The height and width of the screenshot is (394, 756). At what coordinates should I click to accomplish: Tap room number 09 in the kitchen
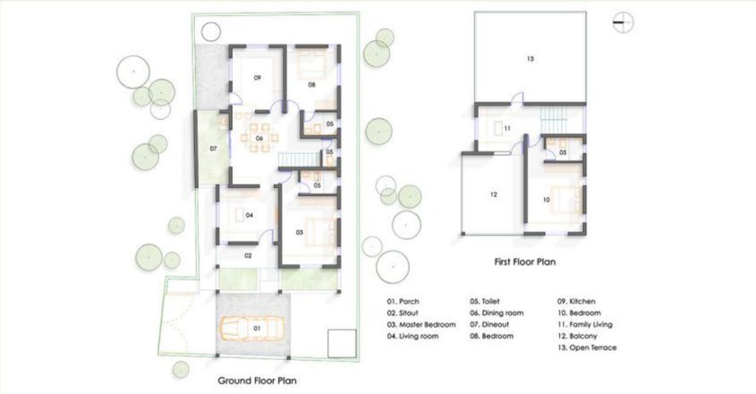coord(257,79)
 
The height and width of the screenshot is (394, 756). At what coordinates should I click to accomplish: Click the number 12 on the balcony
coord(493,194)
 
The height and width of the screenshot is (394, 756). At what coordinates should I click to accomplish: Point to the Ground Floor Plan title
coord(258,380)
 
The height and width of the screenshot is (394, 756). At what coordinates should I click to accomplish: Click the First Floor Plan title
coord(527,263)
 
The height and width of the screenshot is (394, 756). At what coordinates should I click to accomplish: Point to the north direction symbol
coord(624,24)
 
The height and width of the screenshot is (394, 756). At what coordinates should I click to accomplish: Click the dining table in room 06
coord(258,139)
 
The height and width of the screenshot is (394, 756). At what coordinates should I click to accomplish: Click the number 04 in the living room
coord(250,215)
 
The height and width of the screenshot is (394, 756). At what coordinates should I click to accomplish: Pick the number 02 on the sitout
coord(249,256)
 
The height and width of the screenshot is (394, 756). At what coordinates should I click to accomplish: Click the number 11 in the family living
coord(506,129)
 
